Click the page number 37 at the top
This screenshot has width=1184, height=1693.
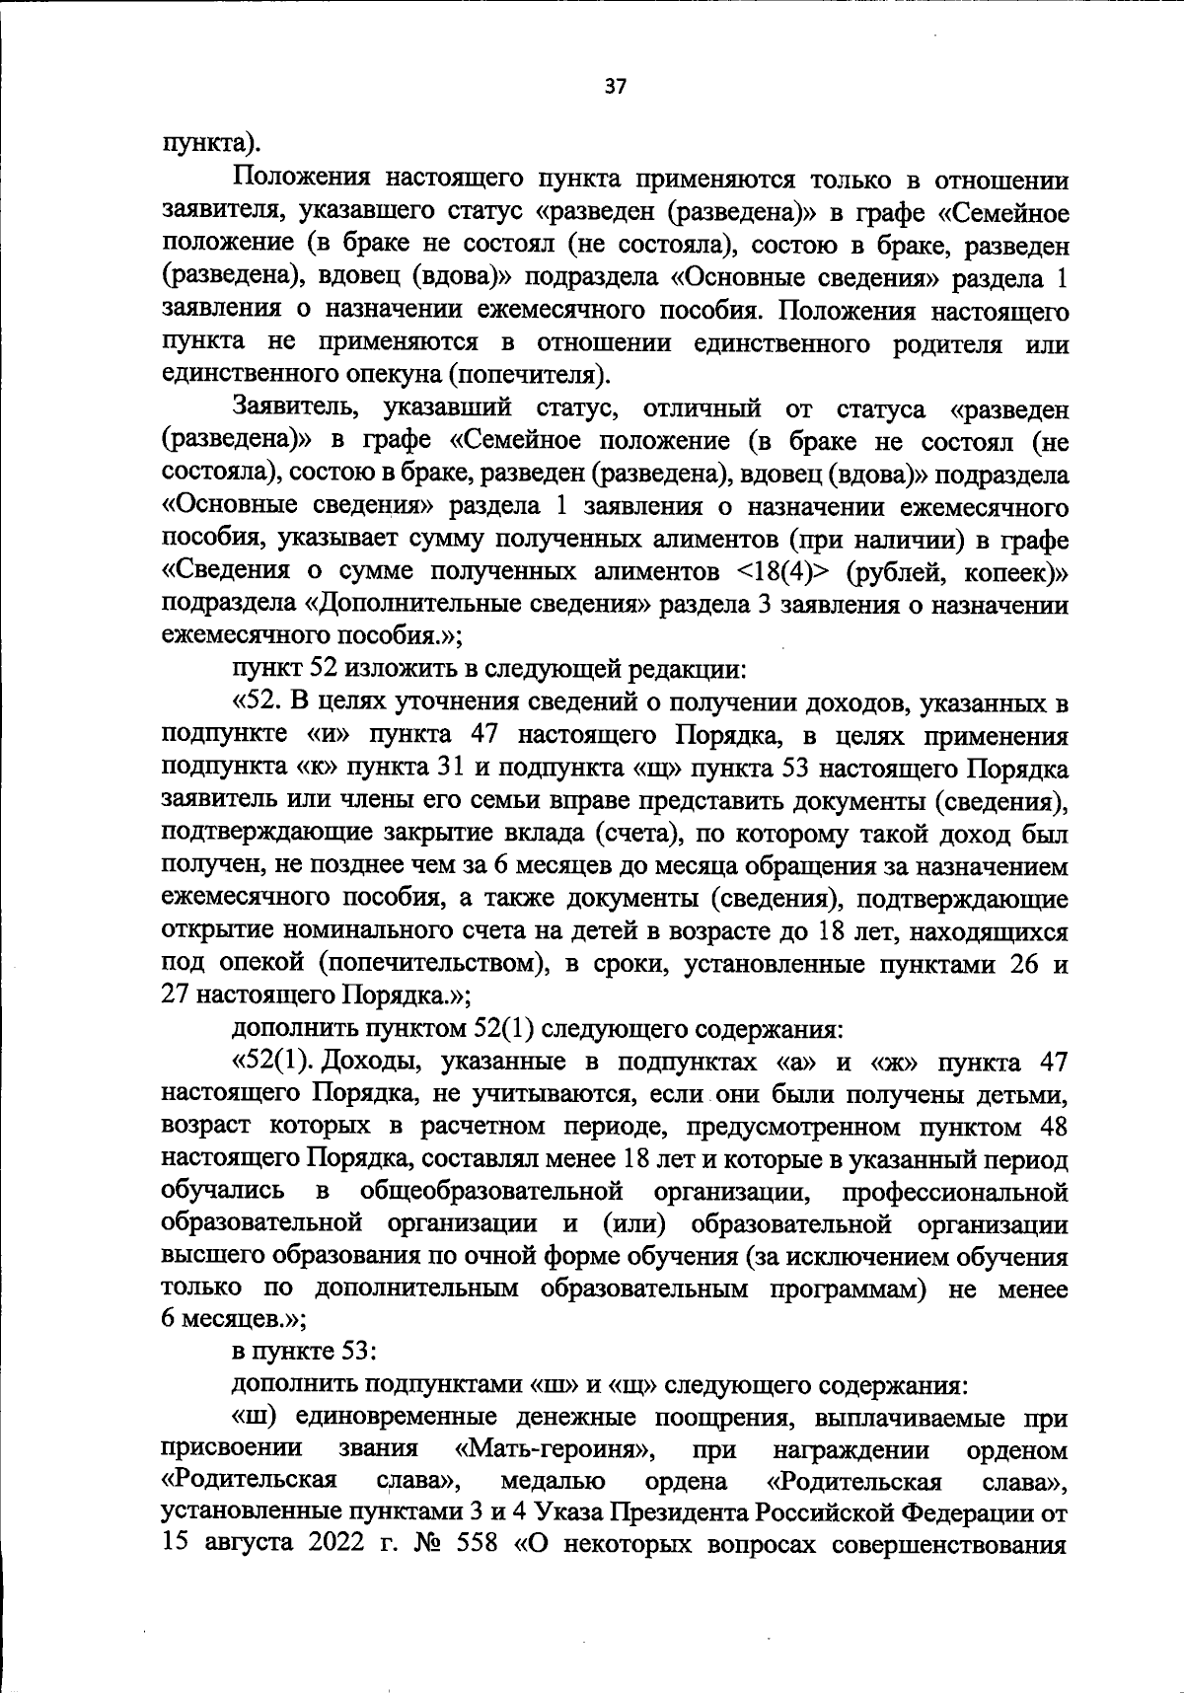(x=615, y=87)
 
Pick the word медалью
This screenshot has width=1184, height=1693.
(x=553, y=1482)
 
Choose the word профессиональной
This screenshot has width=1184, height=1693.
(x=955, y=1193)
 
